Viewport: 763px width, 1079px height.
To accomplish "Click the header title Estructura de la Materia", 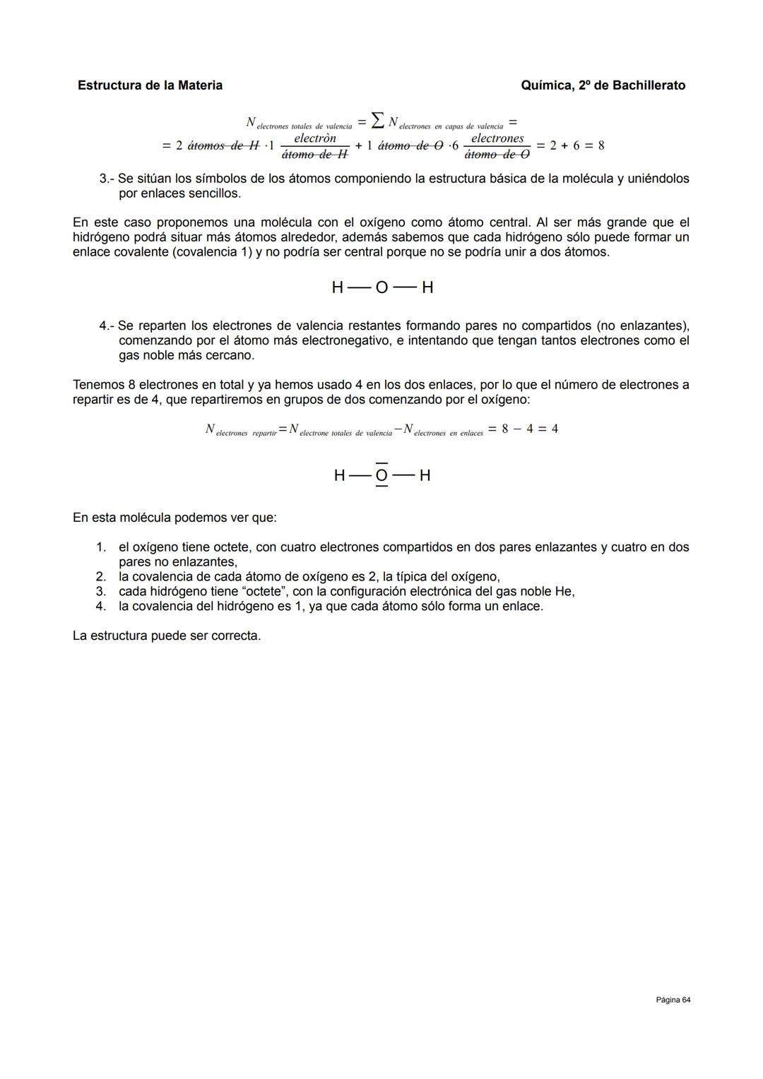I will point(150,85).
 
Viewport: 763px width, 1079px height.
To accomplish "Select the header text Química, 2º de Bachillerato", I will point(603,85).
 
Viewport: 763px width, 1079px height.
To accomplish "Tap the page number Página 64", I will point(673,1000).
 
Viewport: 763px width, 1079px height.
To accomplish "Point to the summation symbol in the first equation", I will point(379,122).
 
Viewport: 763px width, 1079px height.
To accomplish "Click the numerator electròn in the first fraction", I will point(314,138).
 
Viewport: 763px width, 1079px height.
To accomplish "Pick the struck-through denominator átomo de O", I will point(497,154).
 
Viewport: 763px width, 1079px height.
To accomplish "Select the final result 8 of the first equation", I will point(601,145).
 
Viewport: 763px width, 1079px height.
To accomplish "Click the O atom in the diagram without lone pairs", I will point(381,287).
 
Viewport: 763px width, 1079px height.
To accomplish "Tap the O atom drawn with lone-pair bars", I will point(381,476).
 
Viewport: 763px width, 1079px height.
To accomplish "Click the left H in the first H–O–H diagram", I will point(338,287).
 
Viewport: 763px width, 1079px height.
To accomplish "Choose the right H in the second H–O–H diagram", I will point(425,476).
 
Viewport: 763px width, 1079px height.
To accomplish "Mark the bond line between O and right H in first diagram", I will point(404,287).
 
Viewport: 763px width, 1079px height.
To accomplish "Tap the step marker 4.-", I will point(107,326).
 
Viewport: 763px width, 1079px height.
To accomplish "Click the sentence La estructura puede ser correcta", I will point(167,636).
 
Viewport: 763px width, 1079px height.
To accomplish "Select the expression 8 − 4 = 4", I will point(530,429).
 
